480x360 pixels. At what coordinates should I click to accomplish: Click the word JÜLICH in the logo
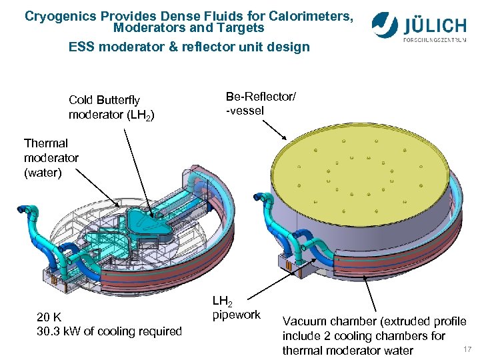coord(435,25)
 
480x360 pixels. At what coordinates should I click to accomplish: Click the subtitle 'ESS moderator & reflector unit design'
coord(189,47)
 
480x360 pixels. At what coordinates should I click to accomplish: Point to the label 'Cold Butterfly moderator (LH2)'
coord(111,107)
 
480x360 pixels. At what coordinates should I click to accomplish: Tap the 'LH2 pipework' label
coord(236,307)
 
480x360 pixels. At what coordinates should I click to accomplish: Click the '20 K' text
coord(51,317)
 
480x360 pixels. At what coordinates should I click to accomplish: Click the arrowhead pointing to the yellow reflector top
coord(285,139)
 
